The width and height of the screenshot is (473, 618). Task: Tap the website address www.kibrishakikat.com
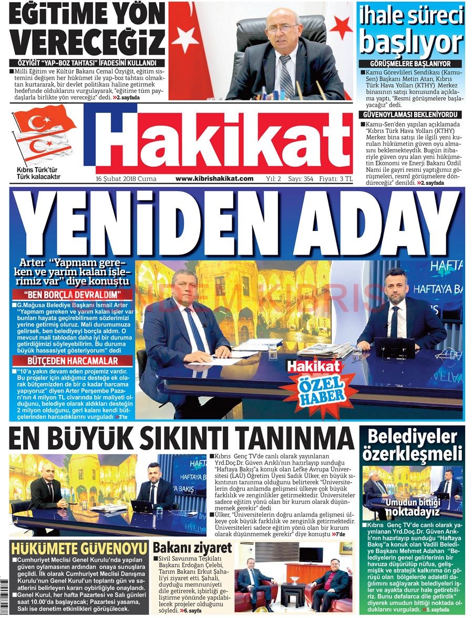[x=214, y=179]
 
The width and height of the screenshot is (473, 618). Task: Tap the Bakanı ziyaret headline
[x=192, y=548]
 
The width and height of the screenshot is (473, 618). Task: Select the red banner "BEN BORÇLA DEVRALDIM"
[x=73, y=294]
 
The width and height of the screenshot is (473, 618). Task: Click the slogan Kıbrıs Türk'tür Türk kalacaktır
[x=38, y=173]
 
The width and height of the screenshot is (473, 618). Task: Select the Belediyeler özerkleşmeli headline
[x=412, y=445]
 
